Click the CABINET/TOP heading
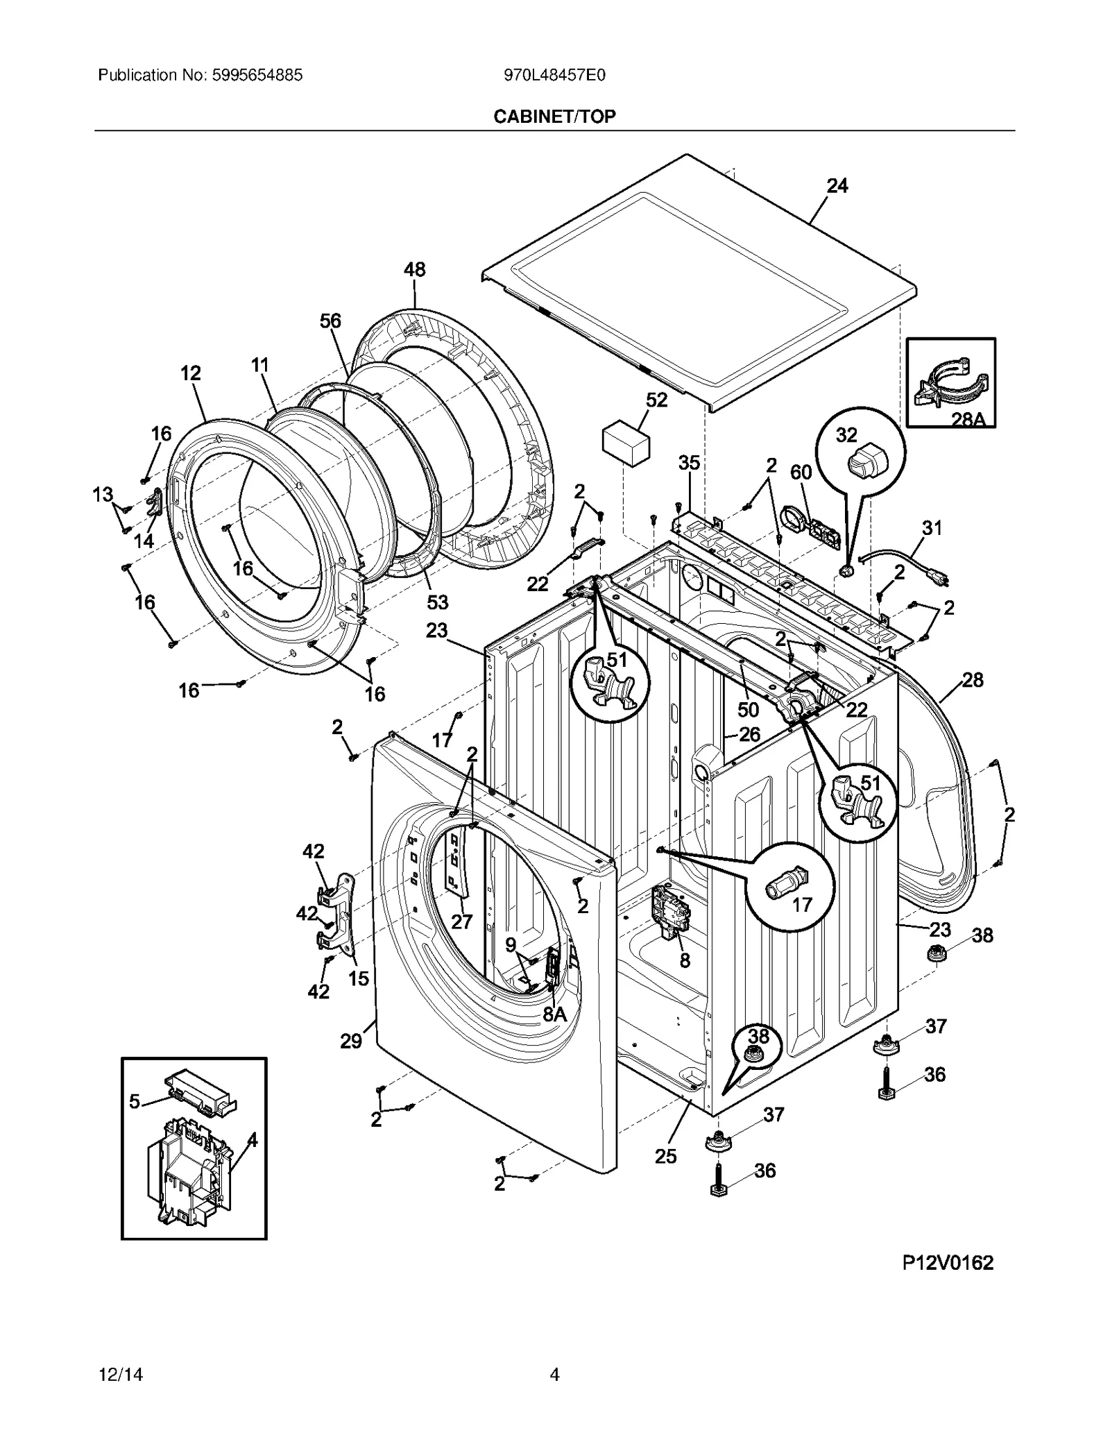[554, 117]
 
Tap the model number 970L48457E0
[554, 75]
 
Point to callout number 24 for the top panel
[837, 186]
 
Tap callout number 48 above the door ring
[415, 269]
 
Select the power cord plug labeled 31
[933, 575]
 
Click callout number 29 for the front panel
[351, 1041]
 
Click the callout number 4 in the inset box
[252, 1140]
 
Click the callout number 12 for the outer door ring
[191, 373]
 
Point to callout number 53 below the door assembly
[438, 602]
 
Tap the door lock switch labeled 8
[668, 912]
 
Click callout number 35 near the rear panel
[689, 463]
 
